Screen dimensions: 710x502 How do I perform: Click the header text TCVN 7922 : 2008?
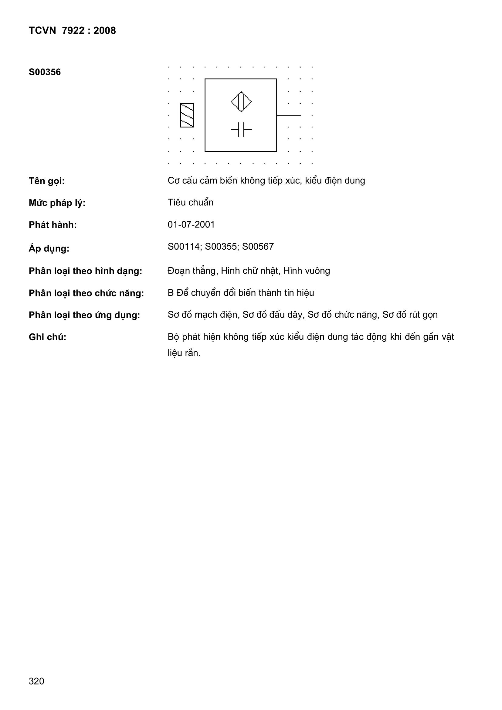72,31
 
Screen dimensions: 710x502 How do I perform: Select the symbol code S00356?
45,72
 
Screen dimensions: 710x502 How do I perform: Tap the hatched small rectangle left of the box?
187,115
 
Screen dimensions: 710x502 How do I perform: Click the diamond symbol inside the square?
241,102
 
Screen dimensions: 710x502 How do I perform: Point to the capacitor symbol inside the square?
241,129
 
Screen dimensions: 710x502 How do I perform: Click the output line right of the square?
288,115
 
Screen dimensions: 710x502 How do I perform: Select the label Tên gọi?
47,181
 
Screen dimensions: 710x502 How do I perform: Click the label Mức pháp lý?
57,203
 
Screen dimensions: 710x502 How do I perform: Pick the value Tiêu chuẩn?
190,202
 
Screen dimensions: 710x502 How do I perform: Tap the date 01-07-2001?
191,224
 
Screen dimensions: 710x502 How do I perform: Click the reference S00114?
184,247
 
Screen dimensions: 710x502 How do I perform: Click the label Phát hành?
53,225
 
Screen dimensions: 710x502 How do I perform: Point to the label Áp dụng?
49,248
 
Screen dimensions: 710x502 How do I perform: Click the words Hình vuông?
307,271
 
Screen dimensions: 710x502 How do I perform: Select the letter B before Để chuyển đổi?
171,293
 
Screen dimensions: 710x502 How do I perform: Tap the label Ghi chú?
48,337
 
